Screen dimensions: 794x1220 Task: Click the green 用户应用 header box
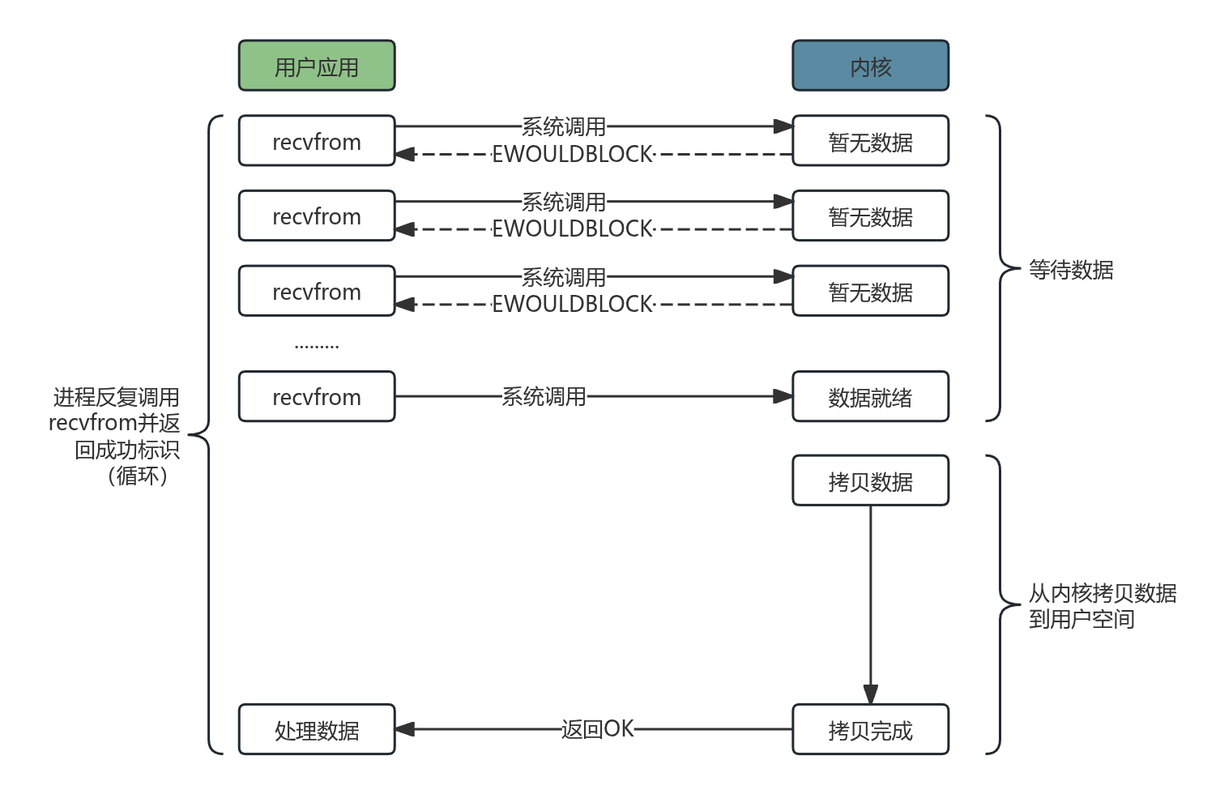[x=317, y=66]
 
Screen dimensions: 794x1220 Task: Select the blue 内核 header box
[x=870, y=66]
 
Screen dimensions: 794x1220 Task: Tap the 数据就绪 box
[x=870, y=397]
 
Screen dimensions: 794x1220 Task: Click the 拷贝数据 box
[x=870, y=481]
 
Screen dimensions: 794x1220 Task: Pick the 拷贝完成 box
[x=870, y=730]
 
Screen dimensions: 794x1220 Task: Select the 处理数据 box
[x=317, y=730]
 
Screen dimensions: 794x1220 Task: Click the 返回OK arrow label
[x=597, y=729]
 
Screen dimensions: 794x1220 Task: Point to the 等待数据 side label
[x=1071, y=270]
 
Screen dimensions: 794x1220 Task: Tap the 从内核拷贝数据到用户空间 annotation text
[x=1102, y=606]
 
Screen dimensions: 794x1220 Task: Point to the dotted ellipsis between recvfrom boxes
[x=317, y=347]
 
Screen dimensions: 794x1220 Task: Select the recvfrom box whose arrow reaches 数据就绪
[x=317, y=397]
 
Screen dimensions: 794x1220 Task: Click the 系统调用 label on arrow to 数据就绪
[x=544, y=396]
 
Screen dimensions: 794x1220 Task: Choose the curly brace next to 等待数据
[x=1000, y=268]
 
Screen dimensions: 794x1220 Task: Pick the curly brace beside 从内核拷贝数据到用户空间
[x=1000, y=604]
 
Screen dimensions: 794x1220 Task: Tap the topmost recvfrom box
[x=317, y=141]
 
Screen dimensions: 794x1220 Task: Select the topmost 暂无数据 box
[x=870, y=141]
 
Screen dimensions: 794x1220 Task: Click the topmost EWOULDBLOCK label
[x=572, y=154]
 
